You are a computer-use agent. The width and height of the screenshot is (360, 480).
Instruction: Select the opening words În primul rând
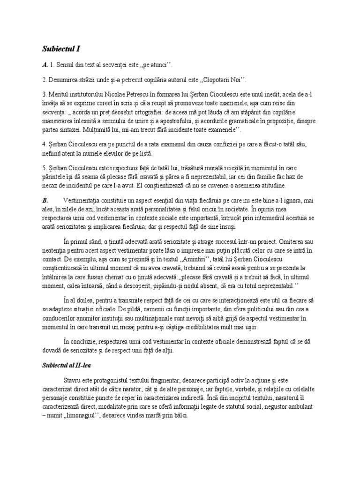83,242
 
